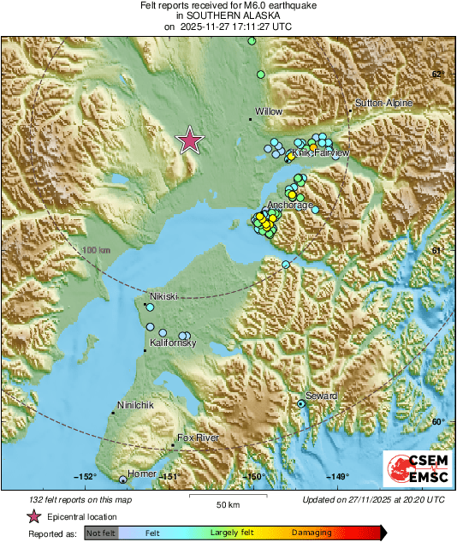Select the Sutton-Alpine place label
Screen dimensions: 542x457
pos(384,103)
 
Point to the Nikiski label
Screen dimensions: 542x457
pos(163,295)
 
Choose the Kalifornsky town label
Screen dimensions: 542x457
pos(174,342)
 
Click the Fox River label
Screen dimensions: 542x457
pos(198,438)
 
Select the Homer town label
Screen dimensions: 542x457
pos(141,474)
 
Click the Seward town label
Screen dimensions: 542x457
pos(321,396)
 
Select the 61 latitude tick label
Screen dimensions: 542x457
pos(436,250)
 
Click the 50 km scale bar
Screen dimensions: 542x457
pos(226,497)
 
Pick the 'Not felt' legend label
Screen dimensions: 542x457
pos(100,532)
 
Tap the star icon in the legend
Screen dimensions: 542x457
pos(34,516)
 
